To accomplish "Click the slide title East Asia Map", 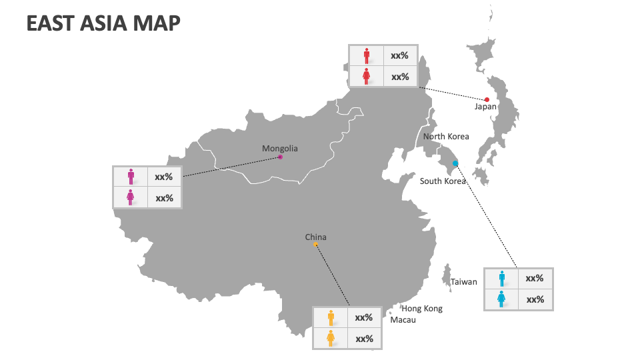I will [103, 23].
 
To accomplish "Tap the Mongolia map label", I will [280, 149].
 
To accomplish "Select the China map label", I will [316, 237].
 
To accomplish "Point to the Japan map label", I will [485, 106].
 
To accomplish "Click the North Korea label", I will [446, 136].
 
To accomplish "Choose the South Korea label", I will [443, 181].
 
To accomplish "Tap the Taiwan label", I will [463, 281].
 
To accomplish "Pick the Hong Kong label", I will [421, 309].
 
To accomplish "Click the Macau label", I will [403, 320].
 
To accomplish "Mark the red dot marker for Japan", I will [487, 99].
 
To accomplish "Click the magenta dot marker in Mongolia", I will [280, 157].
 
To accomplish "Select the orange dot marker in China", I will [316, 245].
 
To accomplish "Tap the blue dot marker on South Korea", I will [456, 163].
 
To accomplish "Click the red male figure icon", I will [366, 55].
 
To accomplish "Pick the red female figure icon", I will [366, 77].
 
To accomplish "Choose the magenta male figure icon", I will [131, 177].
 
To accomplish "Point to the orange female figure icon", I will [330, 339].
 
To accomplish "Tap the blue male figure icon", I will [501, 278].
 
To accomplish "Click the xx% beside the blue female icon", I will [535, 299].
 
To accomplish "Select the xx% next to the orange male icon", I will [364, 318].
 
